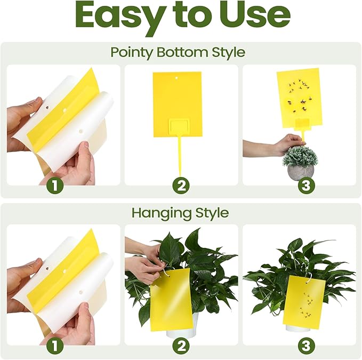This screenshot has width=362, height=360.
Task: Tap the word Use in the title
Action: tap(258, 17)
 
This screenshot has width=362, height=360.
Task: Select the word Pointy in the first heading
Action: tap(132, 52)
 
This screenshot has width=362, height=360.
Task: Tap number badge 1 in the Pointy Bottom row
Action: tap(55, 186)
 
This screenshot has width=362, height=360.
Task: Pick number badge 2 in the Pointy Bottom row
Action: tap(182, 186)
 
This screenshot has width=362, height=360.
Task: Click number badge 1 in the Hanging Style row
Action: tap(55, 346)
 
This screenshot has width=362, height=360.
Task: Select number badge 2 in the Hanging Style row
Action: tap(182, 346)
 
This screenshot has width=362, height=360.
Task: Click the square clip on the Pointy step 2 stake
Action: tap(177, 129)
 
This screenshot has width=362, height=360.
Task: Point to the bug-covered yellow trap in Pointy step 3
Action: tap(299, 96)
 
